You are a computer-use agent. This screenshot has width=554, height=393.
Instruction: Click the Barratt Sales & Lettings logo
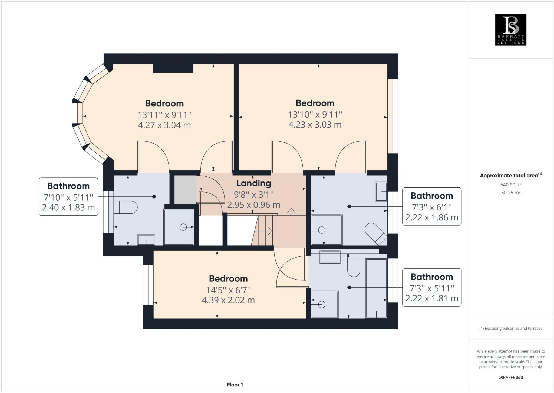[510, 30]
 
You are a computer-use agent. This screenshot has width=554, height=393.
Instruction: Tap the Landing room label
[253, 183]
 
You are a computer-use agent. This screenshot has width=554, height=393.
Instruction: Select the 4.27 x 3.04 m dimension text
[164, 125]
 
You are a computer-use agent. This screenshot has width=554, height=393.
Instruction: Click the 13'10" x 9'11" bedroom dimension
[315, 115]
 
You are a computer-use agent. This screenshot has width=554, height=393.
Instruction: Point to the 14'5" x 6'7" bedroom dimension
[228, 290]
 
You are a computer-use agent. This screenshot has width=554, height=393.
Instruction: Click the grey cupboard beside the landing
[185, 189]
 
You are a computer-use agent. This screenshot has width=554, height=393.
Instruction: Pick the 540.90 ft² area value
[510, 185]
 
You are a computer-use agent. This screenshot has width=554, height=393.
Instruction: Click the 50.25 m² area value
[510, 193]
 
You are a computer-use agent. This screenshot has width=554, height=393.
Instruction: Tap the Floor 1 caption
[235, 385]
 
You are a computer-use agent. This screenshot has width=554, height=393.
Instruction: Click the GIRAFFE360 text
[510, 377]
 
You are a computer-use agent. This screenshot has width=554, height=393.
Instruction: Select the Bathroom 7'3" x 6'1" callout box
[431, 206]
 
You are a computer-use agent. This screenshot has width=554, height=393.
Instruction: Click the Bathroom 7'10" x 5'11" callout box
[68, 197]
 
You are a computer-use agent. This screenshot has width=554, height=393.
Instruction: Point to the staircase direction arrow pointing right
[264, 231]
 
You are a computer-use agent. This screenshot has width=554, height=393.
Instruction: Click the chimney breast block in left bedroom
[173, 68]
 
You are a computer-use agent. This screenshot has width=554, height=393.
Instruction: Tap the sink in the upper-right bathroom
[381, 192]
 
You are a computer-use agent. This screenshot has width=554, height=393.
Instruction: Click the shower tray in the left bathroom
[179, 227]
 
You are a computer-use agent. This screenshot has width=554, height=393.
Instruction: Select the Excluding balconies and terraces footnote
[510, 328]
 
